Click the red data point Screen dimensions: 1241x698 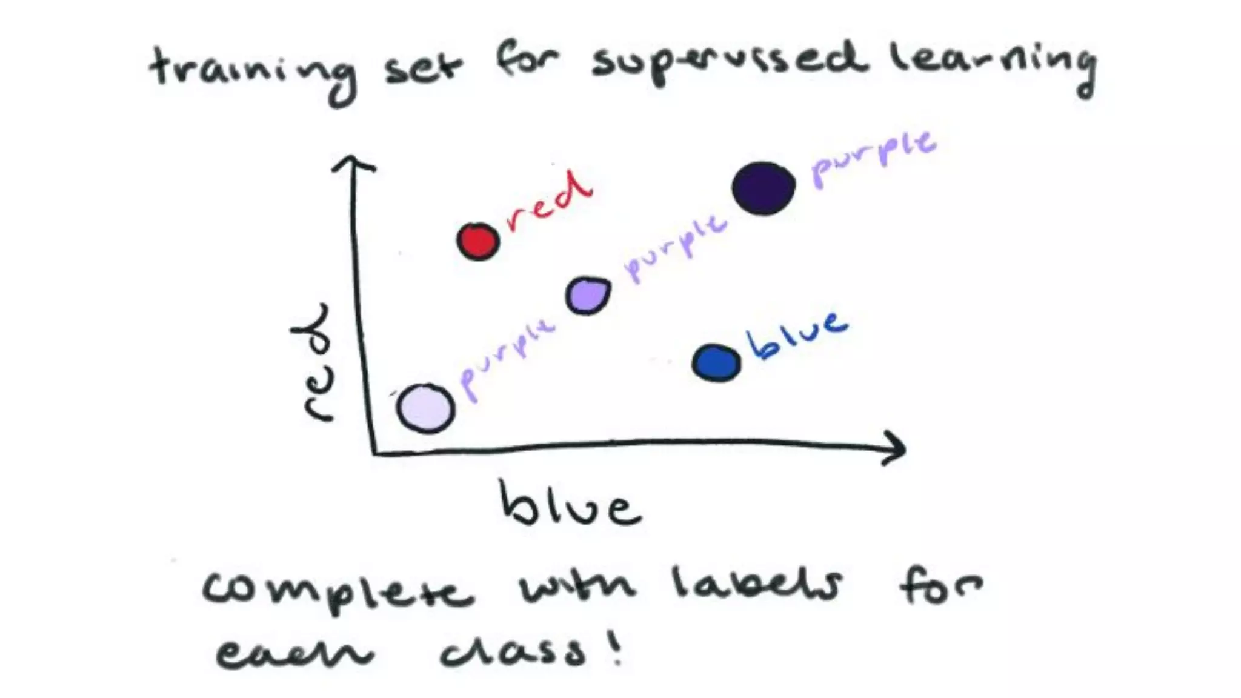(478, 241)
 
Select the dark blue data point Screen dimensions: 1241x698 (716, 363)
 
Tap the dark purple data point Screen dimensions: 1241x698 (764, 188)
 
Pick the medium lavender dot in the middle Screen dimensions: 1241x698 (588, 296)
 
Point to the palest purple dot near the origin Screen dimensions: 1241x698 (425, 408)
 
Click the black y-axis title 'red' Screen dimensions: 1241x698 (315, 364)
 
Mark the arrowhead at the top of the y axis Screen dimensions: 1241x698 (353, 162)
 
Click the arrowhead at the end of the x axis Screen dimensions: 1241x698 (897, 448)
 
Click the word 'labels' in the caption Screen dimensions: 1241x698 (757, 585)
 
